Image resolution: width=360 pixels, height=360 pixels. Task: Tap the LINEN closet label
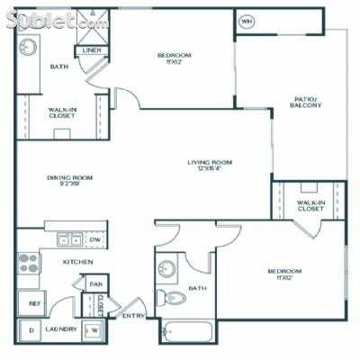(x=92, y=50)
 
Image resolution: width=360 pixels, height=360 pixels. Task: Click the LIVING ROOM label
(x=210, y=166)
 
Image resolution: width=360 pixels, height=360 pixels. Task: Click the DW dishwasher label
(x=94, y=240)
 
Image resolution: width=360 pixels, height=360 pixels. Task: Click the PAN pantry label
(x=94, y=285)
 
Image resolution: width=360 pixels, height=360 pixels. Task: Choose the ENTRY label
(x=133, y=316)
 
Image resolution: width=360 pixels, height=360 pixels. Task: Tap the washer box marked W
(x=94, y=331)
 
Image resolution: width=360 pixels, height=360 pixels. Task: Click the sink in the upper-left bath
(x=26, y=48)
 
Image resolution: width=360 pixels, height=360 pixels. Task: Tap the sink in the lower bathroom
(x=167, y=267)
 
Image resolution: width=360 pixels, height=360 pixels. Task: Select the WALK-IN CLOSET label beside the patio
(x=309, y=207)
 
